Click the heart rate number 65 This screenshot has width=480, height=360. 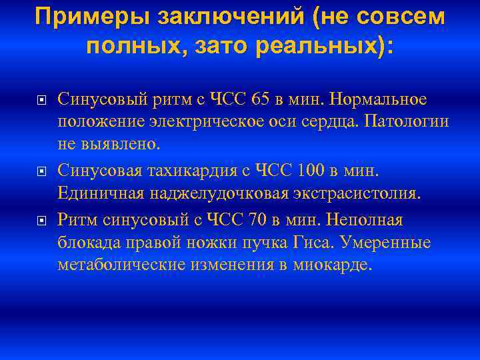[x=263, y=100]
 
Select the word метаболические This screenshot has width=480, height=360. [x=111, y=265]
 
